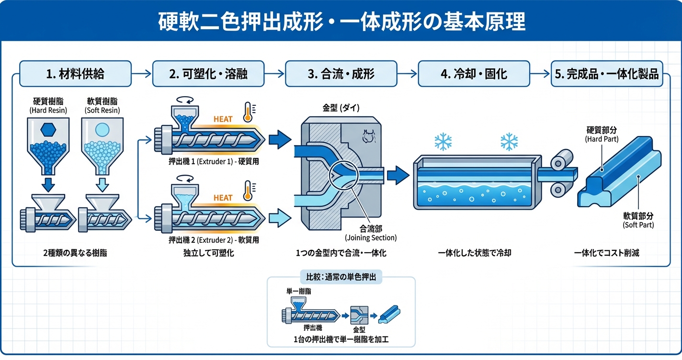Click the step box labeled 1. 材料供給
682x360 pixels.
75,74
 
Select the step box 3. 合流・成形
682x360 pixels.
341,74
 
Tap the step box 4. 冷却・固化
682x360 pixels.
474,74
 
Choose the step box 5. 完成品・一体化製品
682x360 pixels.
607,74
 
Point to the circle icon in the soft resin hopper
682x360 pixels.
102,130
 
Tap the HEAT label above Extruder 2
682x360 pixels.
223,198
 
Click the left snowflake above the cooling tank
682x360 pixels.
443,141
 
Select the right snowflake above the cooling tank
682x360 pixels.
509,141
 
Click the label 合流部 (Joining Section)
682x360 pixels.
371,233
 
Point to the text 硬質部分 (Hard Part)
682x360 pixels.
602,135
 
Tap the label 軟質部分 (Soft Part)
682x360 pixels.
638,220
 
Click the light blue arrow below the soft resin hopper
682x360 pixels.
102,183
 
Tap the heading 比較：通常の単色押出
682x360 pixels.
341,277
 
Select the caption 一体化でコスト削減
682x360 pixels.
606,253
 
